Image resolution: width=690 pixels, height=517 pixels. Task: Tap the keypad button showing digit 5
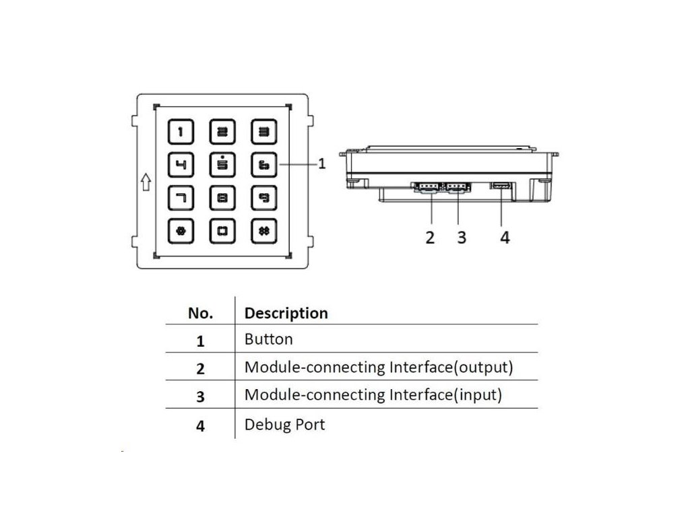coord(222,165)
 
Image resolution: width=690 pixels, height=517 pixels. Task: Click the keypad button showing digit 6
coord(264,165)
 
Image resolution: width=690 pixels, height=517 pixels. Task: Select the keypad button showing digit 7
coord(181,198)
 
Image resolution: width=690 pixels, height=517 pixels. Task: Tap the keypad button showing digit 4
coord(181,165)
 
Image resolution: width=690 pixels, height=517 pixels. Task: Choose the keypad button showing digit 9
coord(264,198)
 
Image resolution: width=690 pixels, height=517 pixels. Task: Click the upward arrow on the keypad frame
coord(146,182)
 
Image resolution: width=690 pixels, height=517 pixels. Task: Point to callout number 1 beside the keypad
coord(322,164)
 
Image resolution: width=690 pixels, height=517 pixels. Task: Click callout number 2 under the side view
coord(430,238)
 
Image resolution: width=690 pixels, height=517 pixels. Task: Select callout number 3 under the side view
coord(461,238)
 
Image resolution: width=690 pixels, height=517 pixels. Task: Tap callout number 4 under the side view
coord(505,238)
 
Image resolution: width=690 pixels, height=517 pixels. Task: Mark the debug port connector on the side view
coord(501,186)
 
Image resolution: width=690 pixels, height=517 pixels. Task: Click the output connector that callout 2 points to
coord(427,188)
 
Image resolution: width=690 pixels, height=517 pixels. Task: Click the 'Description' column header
coord(286,313)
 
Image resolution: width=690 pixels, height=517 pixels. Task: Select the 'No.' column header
coord(200,313)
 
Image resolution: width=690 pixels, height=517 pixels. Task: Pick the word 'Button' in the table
coord(268,339)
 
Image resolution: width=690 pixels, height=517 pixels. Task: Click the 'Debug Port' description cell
coord(285,425)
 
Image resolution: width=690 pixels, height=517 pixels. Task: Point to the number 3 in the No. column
coord(200,397)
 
